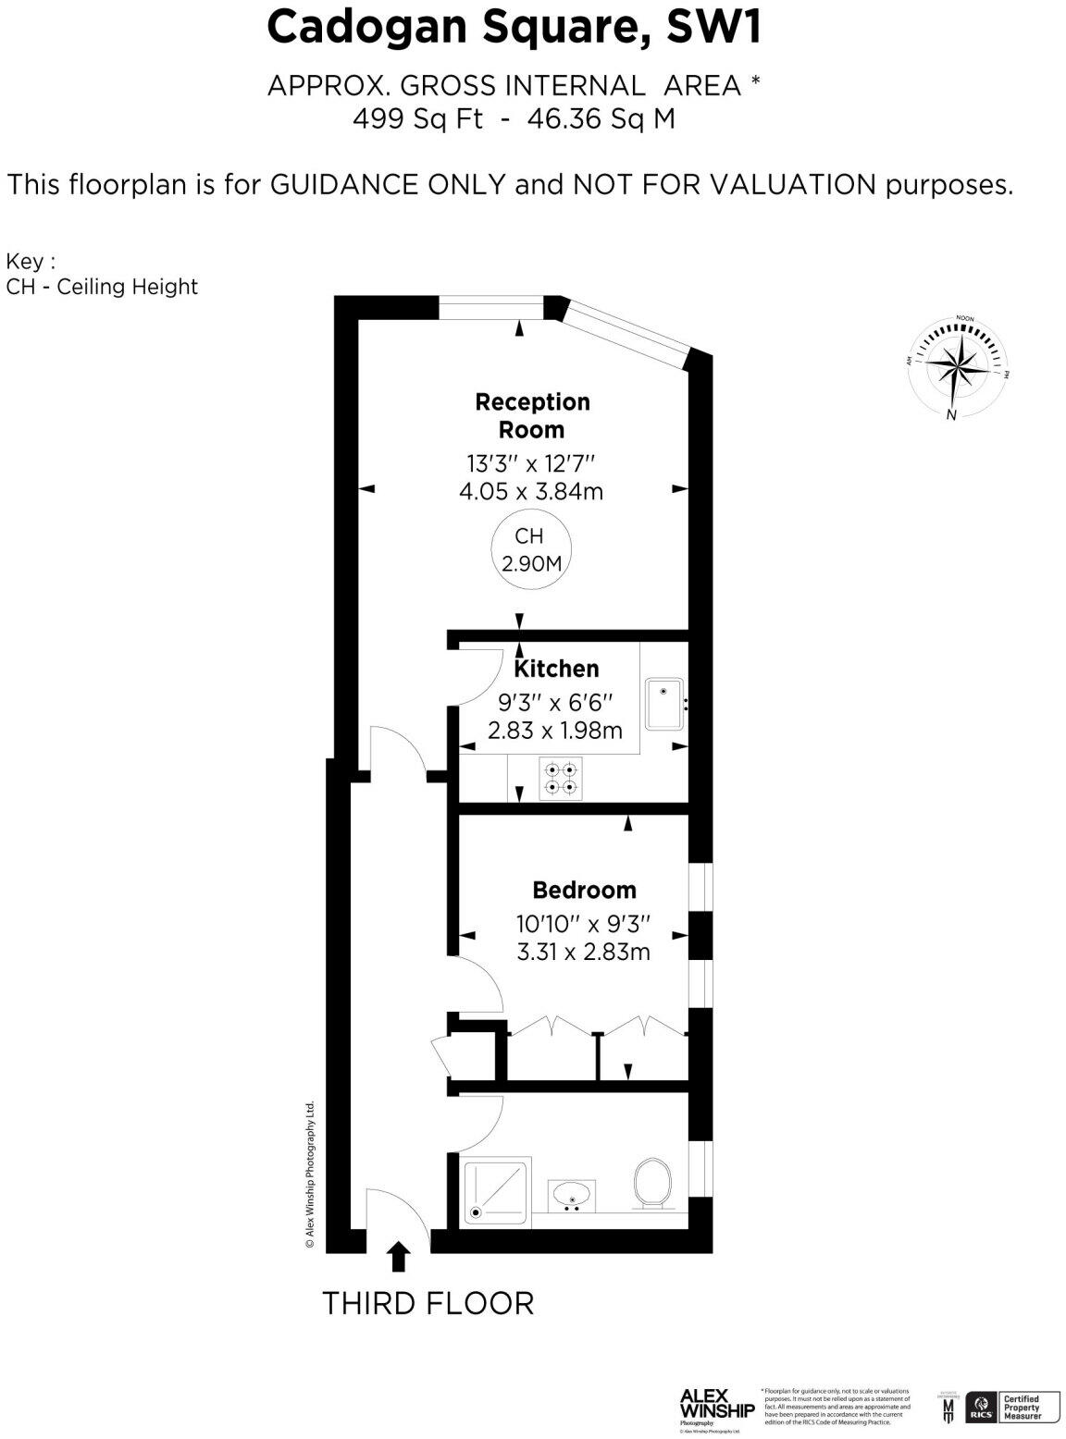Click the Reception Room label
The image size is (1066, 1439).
tap(532, 415)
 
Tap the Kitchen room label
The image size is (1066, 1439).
tap(556, 669)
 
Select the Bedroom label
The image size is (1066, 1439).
tap(584, 891)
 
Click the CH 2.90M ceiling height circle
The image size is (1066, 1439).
tap(529, 549)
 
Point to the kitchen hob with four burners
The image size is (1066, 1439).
tap(561, 778)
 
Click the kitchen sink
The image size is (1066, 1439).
tap(664, 704)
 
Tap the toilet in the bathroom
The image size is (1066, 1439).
tap(653, 1183)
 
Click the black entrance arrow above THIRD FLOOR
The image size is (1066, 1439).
tap(399, 1257)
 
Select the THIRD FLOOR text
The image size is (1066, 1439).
tap(428, 1304)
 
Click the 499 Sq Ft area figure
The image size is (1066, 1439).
tap(417, 119)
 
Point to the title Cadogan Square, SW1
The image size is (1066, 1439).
tap(514, 29)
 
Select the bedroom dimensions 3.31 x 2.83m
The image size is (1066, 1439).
tap(583, 952)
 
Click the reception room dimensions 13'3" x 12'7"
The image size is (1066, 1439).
tap(532, 462)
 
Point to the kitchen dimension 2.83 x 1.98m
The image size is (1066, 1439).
tap(555, 731)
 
